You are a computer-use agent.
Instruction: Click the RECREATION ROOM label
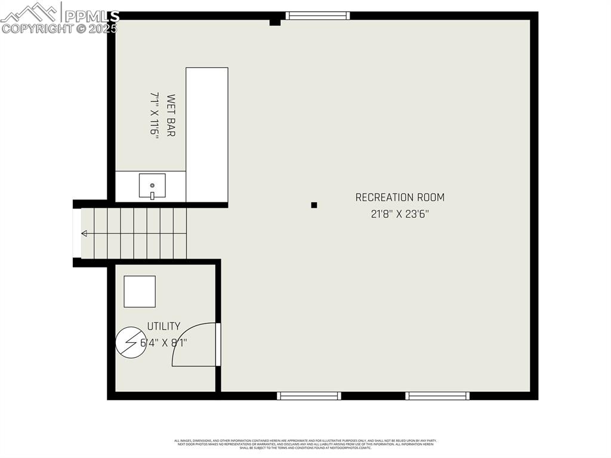400,197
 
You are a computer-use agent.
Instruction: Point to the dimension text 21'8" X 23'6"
400,214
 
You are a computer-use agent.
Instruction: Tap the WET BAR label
171,116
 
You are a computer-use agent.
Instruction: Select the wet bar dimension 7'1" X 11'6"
155,116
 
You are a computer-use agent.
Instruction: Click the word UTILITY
163,326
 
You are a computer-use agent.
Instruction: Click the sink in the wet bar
152,186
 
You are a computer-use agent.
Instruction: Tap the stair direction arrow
84,233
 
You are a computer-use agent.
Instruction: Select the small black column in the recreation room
314,205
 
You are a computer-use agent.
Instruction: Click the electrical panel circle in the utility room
131,342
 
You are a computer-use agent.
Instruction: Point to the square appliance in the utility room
140,291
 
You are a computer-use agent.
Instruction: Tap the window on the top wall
317,16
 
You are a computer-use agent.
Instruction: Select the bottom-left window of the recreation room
309,395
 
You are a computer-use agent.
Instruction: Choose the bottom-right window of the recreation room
437,395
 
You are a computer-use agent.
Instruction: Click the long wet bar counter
206,134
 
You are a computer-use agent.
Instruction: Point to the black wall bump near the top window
274,23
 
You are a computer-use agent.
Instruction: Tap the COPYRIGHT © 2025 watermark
60,28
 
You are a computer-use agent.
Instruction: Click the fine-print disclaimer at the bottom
305,444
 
